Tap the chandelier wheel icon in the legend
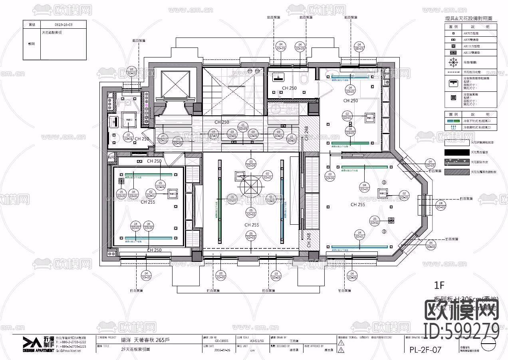click(453, 63)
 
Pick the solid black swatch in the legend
click(457, 152)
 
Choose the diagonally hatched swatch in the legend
click(457, 172)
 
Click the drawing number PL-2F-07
click(425, 350)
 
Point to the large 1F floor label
click(439, 285)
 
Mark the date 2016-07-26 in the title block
click(223, 350)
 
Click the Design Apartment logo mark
click(30, 342)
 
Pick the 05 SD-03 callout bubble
click(251, 235)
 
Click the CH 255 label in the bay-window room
click(357, 204)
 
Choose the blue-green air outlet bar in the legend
click(453, 120)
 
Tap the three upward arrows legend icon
click(453, 127)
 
